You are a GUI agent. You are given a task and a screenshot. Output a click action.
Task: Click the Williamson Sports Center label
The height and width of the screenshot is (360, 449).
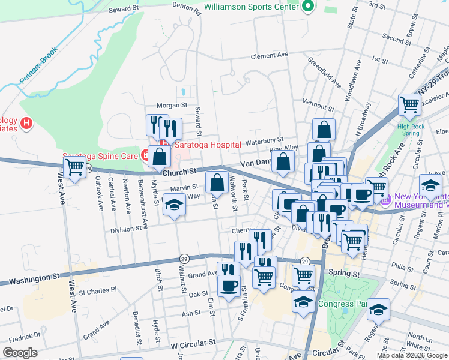[x=251, y=7]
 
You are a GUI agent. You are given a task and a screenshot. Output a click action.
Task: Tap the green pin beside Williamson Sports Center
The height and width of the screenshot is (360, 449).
[x=309, y=7]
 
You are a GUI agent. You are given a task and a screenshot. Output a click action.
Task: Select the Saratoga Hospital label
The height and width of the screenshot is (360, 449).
[x=208, y=145]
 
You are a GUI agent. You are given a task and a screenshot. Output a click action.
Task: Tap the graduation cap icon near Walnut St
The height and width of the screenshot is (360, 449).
[x=174, y=206]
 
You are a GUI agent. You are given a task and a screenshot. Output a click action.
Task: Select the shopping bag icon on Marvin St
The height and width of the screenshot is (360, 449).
[x=217, y=182]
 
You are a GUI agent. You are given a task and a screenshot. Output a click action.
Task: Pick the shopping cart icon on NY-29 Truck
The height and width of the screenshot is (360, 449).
[x=410, y=104]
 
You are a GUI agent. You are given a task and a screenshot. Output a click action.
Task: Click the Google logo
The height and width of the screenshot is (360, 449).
[x=20, y=353]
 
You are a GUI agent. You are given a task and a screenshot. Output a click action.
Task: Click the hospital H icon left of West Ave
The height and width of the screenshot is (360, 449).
[x=26, y=124]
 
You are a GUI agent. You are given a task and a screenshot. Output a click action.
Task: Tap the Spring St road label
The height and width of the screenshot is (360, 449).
[x=345, y=274]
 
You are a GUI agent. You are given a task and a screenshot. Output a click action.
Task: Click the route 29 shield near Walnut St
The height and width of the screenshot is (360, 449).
[x=184, y=258]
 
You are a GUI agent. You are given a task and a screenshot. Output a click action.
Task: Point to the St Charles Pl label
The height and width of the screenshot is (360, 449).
[x=98, y=293]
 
